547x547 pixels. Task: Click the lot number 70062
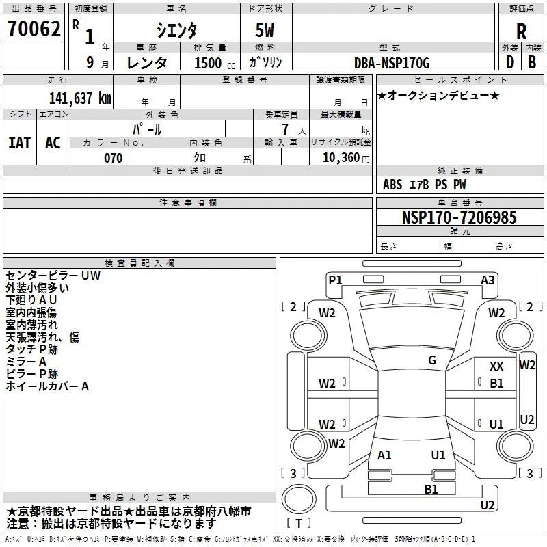[34, 29]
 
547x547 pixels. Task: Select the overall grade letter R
[522, 31]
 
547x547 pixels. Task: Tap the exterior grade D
[510, 62]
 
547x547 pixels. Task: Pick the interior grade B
[532, 62]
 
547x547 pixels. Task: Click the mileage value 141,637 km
[80, 98]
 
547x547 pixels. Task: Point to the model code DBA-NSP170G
[392, 63]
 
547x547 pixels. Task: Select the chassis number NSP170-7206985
[459, 217]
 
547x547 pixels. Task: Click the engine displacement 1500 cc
[215, 63]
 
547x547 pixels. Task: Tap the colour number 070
[114, 158]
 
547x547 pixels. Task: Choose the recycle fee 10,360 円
[346, 158]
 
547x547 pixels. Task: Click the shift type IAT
[20, 143]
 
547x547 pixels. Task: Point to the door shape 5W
[265, 30]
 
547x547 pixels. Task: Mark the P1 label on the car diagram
[335, 280]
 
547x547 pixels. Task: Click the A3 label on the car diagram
[488, 280]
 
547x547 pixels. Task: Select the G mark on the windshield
[432, 360]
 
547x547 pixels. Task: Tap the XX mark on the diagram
[496, 366]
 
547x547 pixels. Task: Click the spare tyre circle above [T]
[299, 499]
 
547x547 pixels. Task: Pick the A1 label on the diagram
[384, 455]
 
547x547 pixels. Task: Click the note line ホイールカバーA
[47, 386]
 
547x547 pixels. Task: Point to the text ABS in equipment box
[392, 185]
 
